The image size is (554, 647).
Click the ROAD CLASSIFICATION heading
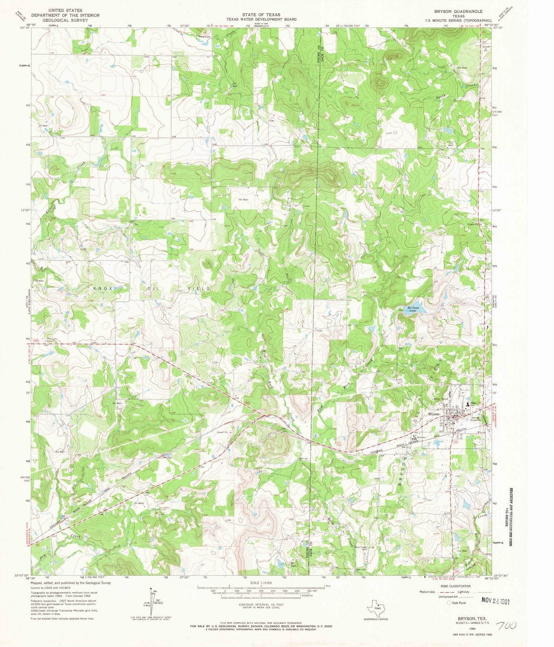[455, 586]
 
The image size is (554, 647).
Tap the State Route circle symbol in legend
[449, 603]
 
